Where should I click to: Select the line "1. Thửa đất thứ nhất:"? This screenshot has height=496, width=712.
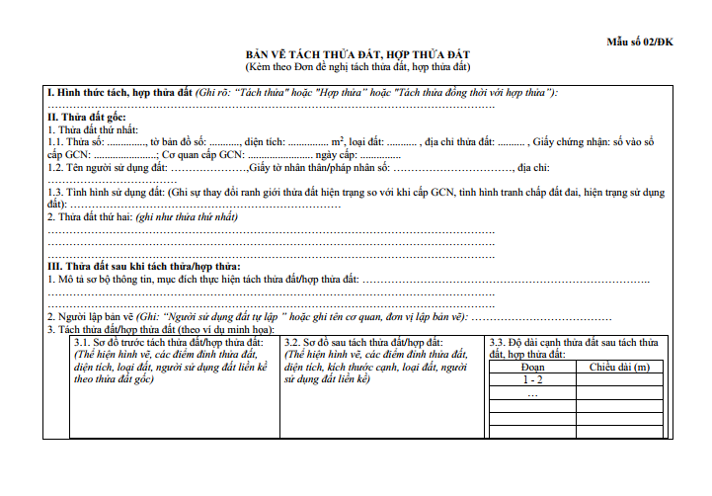pyautogui.click(x=94, y=130)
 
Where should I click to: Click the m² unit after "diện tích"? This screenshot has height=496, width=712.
pyautogui.click(x=337, y=142)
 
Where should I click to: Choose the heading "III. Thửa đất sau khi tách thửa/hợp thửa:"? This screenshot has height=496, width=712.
pyautogui.click(x=144, y=268)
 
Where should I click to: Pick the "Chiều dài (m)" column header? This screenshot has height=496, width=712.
pyautogui.click(x=619, y=367)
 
